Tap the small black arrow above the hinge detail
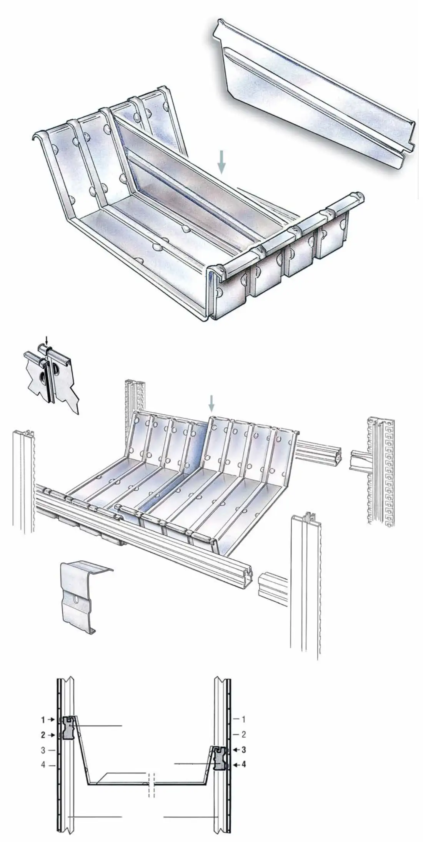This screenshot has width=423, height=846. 46,340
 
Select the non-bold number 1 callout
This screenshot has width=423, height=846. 243,719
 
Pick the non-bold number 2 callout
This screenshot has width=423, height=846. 243,735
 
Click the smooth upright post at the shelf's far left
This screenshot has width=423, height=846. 24,480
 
